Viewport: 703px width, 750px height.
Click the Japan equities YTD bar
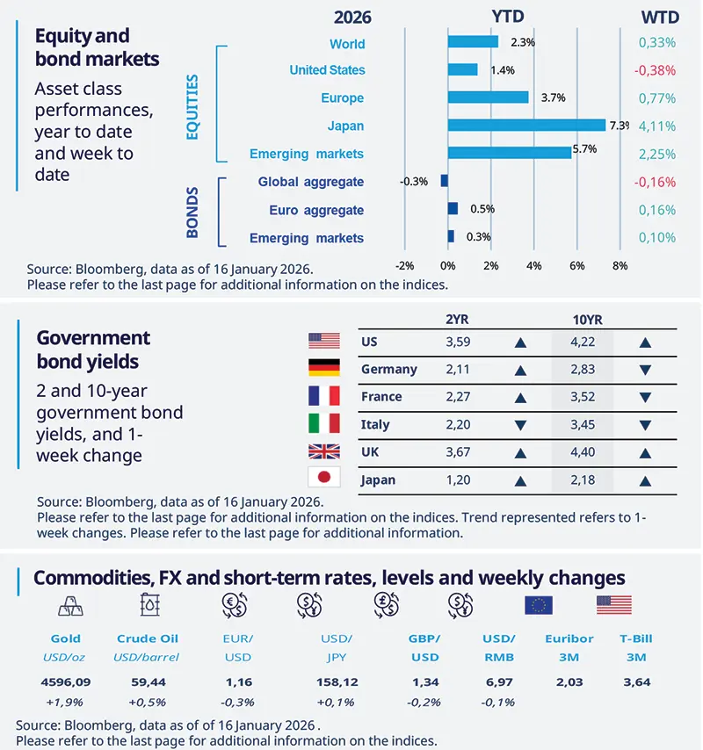coord(526,125)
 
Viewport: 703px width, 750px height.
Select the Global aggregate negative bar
coord(445,181)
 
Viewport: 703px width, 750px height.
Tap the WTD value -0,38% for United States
coord(656,70)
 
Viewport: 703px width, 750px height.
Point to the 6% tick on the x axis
coord(576,265)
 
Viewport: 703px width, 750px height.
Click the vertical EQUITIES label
coord(192,106)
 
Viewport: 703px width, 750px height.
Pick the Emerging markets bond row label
coord(307,238)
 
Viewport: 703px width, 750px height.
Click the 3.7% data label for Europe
coord(553,97)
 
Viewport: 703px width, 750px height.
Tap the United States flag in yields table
coord(323,341)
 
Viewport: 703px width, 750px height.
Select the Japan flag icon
coord(323,477)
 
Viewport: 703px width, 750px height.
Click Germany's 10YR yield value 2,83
coord(583,369)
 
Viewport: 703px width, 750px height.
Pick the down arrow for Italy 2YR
coord(521,425)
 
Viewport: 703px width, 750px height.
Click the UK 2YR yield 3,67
coord(460,452)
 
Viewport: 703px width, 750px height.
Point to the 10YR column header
coord(583,320)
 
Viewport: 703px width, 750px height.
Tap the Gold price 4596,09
coord(66,681)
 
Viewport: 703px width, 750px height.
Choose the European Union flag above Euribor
coord(538,604)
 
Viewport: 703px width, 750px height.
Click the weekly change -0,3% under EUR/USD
coord(236,702)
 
